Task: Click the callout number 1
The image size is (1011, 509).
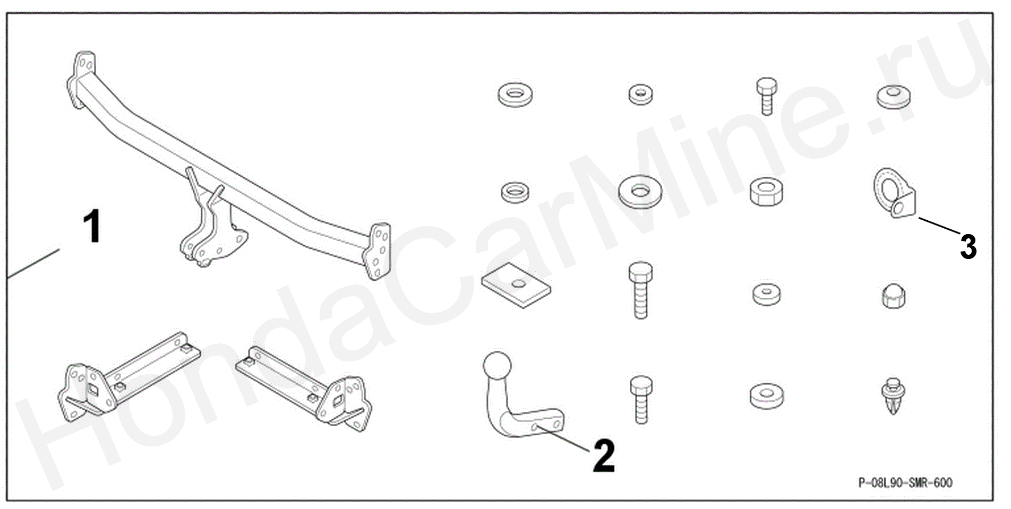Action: (x=94, y=227)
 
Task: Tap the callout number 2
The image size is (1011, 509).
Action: (x=604, y=455)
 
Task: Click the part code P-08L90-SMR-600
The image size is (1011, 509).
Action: (x=905, y=482)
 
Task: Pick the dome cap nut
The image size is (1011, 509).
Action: (x=894, y=296)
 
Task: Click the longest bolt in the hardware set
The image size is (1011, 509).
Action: (x=640, y=291)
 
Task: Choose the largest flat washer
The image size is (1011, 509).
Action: (x=640, y=191)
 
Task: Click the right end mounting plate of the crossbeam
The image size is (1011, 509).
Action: (x=377, y=251)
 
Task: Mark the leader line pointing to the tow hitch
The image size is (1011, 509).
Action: (x=562, y=439)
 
